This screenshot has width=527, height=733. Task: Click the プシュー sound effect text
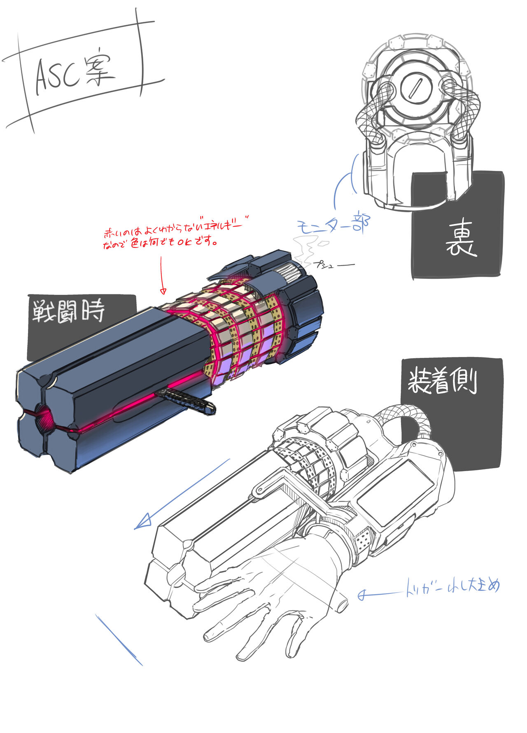coord(333,265)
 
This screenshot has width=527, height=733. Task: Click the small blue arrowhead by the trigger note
coord(362,595)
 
